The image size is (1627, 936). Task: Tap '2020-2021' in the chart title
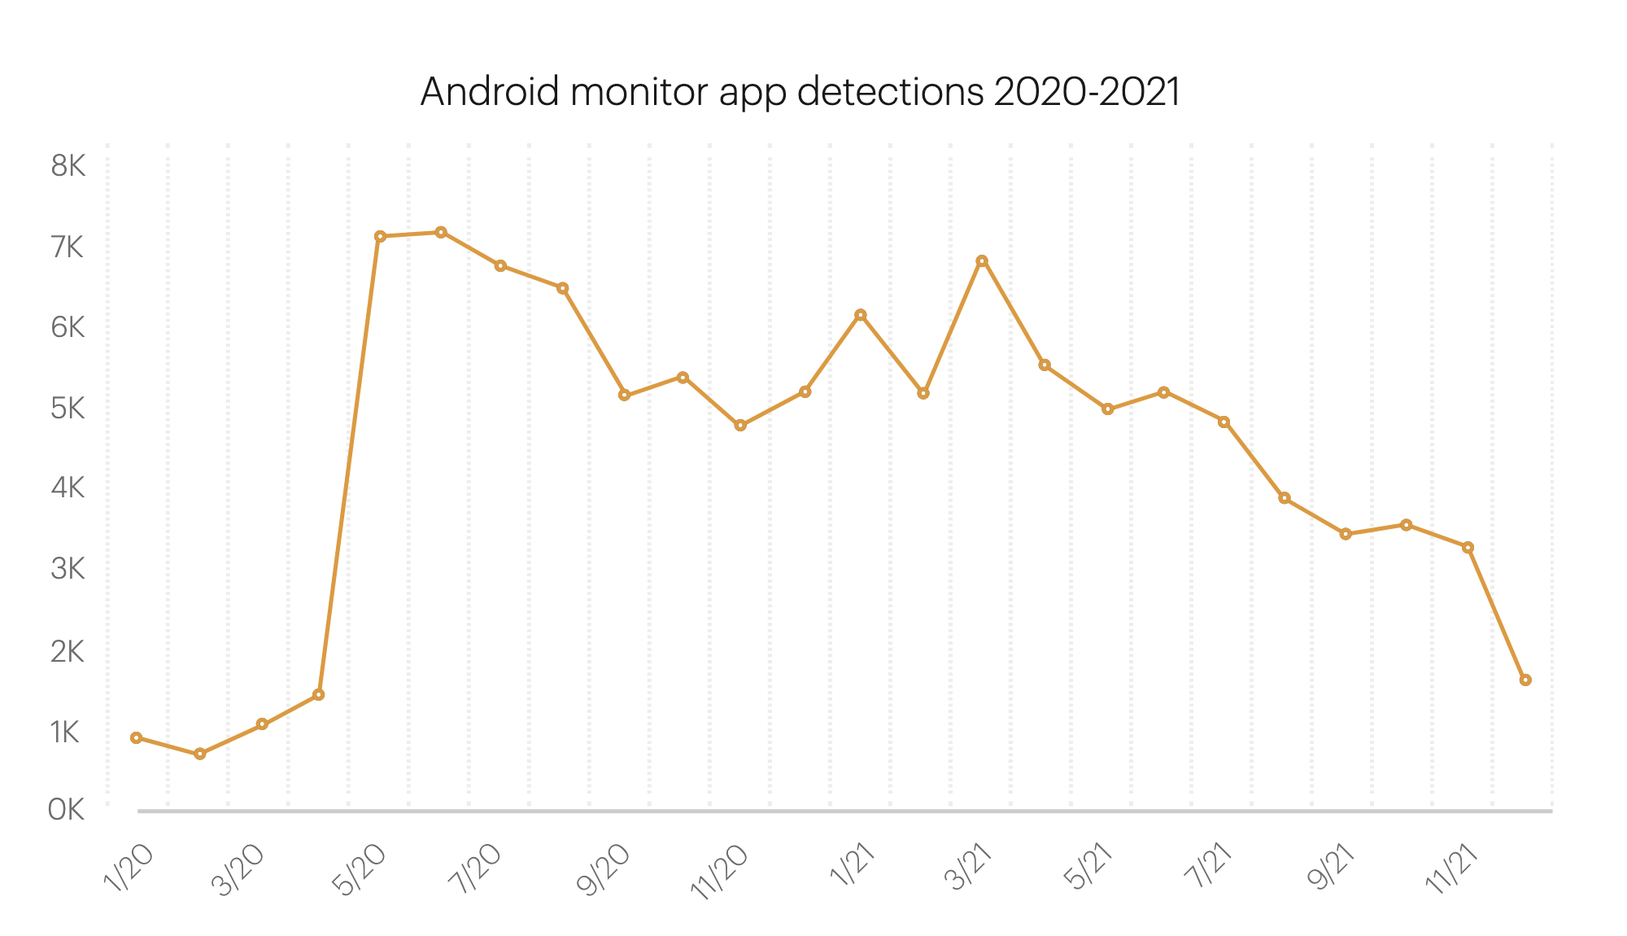click(1087, 92)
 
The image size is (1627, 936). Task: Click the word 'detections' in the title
click(890, 92)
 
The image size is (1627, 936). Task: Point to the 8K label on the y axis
click(68, 167)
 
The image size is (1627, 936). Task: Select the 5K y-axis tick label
click(68, 408)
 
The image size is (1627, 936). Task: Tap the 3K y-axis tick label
click(68, 569)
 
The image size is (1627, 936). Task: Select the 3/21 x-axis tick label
click(970, 868)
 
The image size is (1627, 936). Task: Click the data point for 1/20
click(137, 737)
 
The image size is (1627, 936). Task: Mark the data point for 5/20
click(380, 236)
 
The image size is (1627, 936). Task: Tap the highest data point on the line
click(441, 232)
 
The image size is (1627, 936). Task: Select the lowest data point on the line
click(200, 754)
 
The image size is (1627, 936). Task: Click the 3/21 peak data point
click(982, 260)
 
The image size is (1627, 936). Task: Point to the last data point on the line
click(1525, 680)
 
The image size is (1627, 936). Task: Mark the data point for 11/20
click(740, 425)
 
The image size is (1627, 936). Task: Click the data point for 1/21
click(861, 315)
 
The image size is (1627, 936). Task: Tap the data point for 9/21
click(1346, 534)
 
